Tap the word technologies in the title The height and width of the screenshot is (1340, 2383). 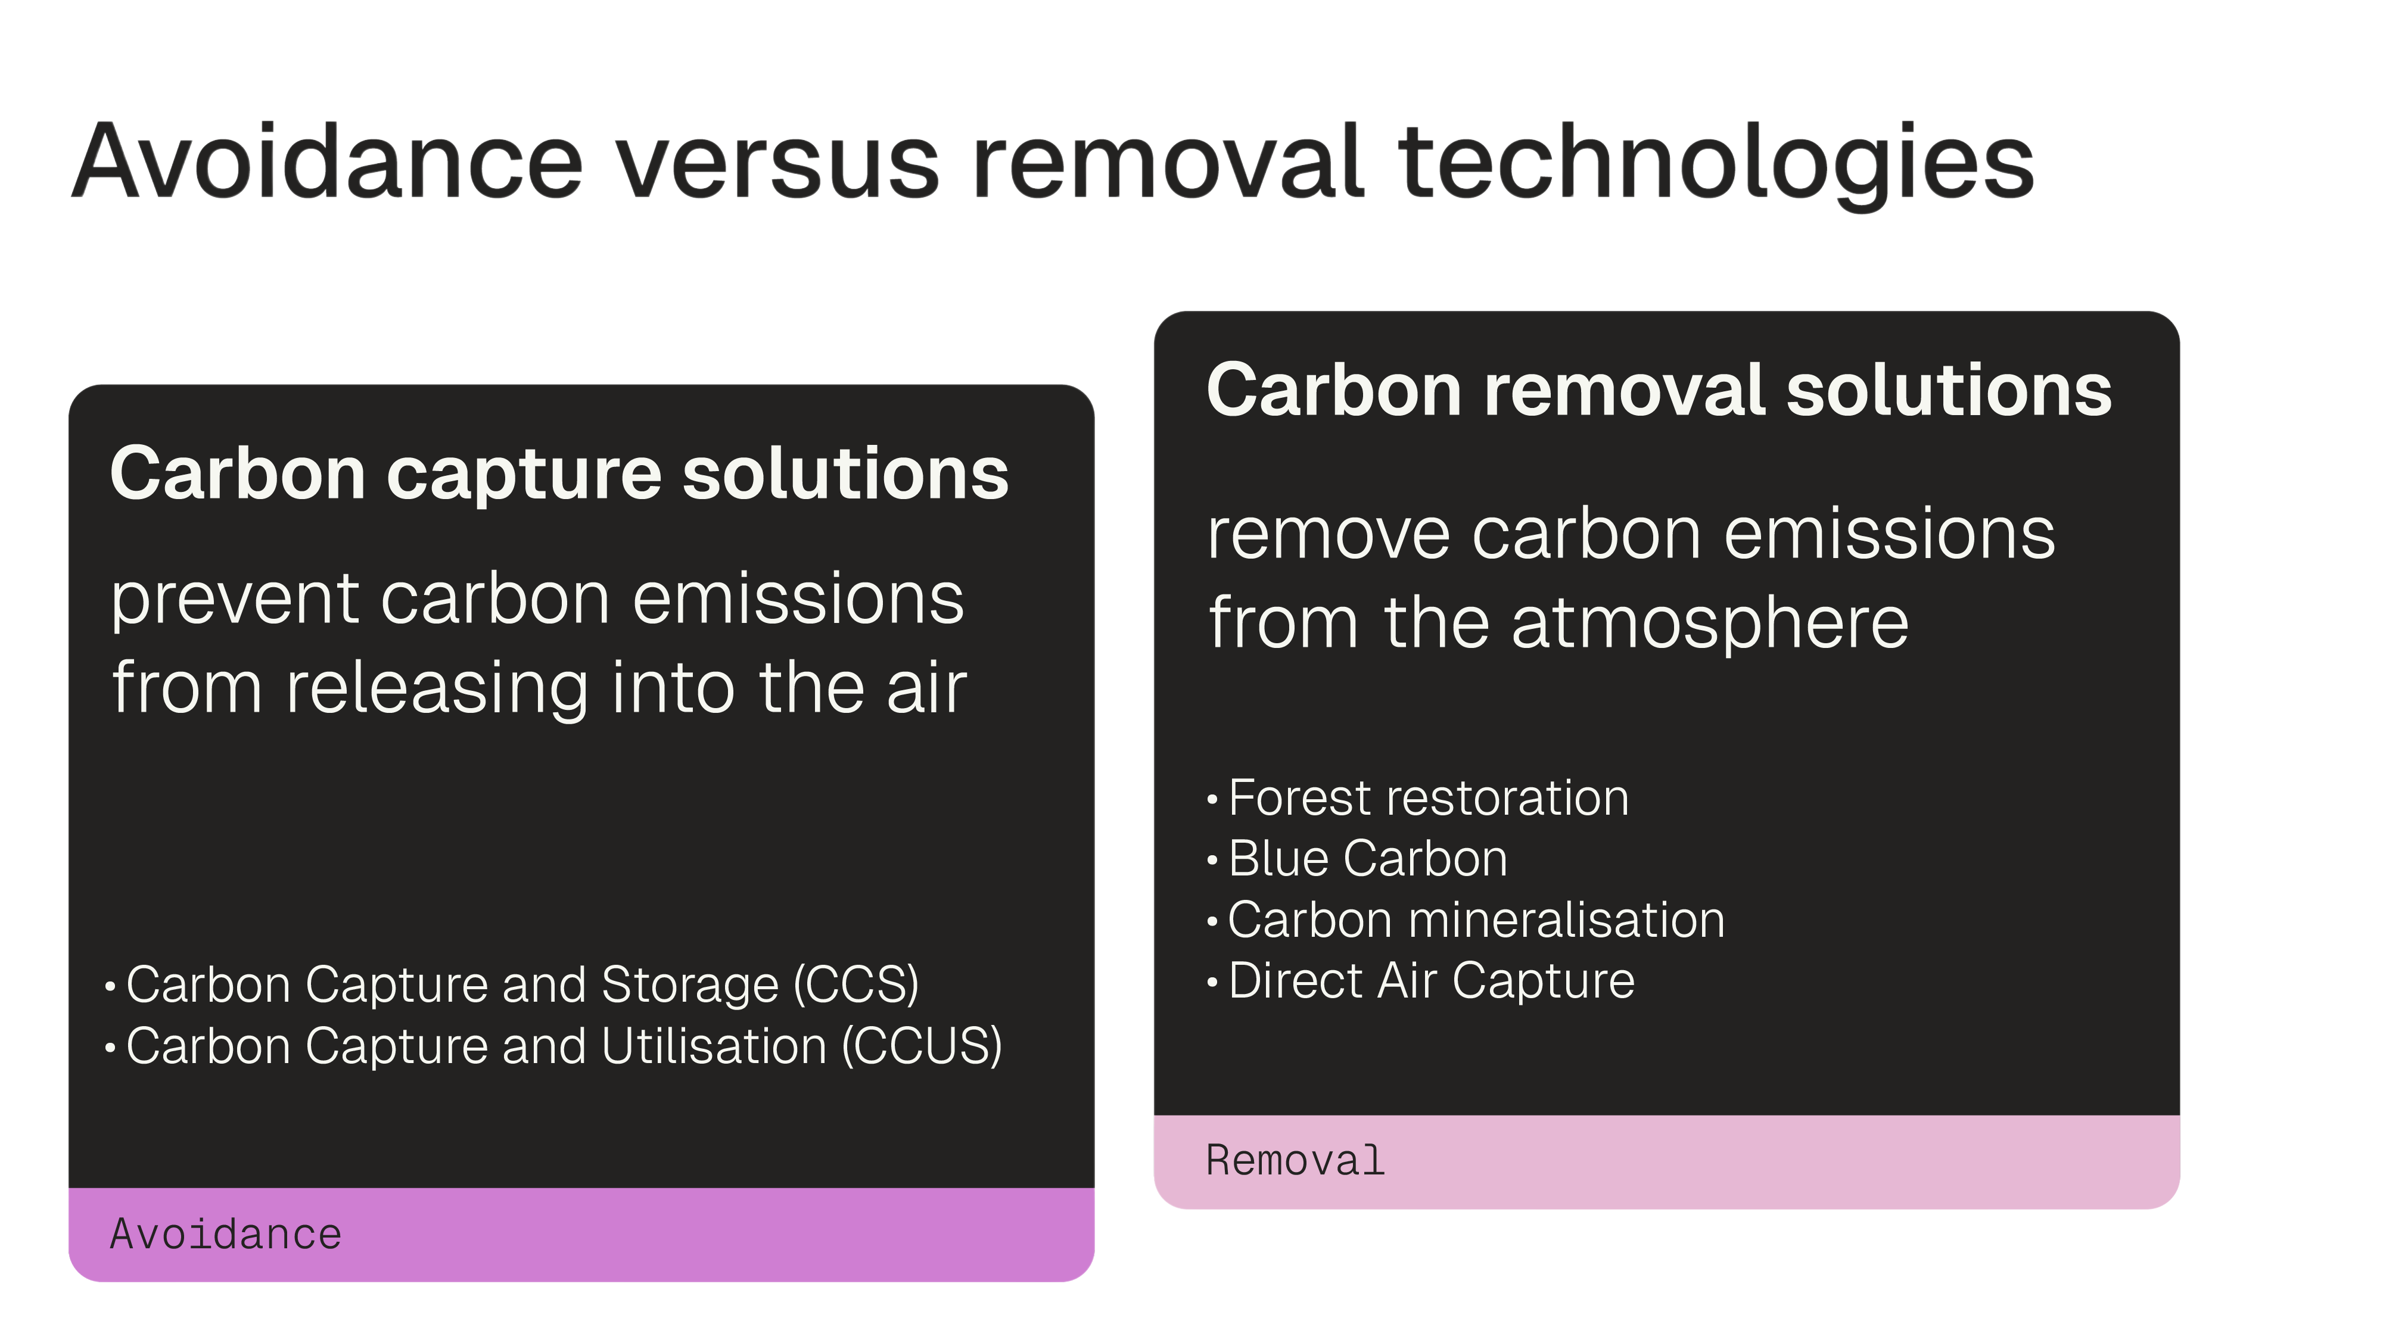(x=1717, y=164)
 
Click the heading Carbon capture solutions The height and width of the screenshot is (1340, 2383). (x=559, y=473)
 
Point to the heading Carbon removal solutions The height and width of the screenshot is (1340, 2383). (x=1660, y=390)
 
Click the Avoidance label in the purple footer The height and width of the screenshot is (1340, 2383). (x=226, y=1235)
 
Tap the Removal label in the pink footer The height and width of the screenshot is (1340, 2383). (x=1295, y=1161)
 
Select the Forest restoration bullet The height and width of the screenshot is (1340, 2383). (x=1429, y=797)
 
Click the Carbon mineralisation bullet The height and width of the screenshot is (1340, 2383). (x=1476, y=920)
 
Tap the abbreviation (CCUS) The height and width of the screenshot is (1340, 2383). (x=922, y=1046)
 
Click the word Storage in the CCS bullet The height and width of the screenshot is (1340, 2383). (x=690, y=986)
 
